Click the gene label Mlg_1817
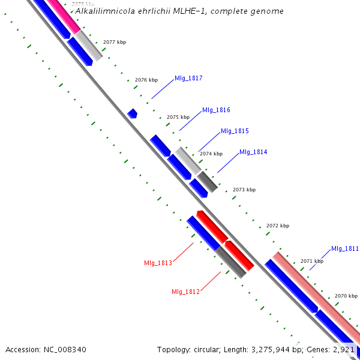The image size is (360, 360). pos(188,79)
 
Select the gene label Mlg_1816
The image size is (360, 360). pos(216,110)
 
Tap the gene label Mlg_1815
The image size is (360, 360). pos(235,131)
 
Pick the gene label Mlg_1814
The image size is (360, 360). pos(253,152)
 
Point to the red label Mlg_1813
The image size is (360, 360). pos(158,263)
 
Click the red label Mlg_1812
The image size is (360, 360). pos(185,292)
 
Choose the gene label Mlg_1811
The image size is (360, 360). pos(345,249)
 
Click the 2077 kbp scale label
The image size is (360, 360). pos(115,43)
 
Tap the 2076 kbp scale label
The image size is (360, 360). pos(146,80)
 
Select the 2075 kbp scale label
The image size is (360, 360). pos(178,118)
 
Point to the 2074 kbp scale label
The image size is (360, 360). pos(211,154)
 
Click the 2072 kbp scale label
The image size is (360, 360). pos(278,226)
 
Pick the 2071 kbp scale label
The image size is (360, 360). pos(312,262)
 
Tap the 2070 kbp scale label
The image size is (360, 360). pos(346,296)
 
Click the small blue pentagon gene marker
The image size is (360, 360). pos(133,113)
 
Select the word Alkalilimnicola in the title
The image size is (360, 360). pos(104,11)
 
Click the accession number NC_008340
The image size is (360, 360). pos(64,349)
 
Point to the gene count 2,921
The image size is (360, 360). pos(343,349)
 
